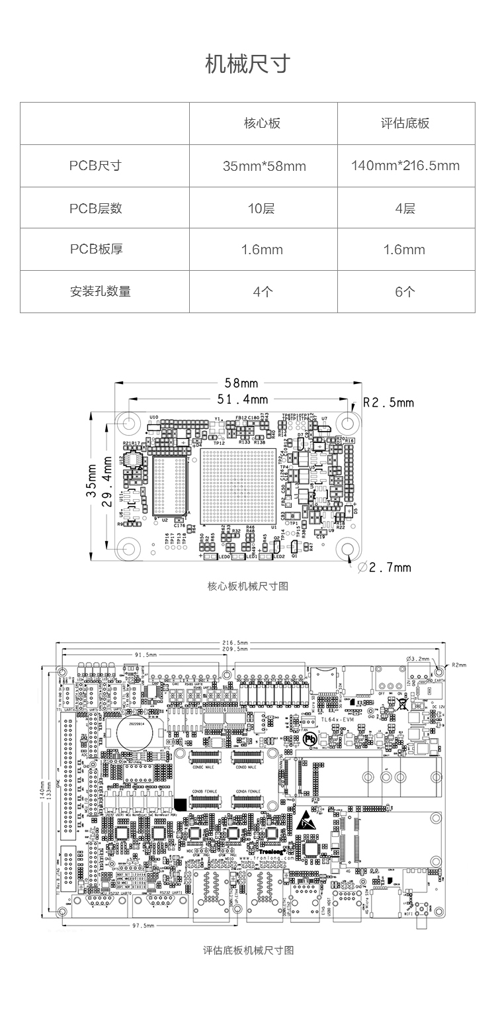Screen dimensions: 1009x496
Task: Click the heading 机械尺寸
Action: [248, 65]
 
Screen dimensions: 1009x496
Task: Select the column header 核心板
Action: [263, 123]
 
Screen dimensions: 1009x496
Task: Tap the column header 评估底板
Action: [405, 123]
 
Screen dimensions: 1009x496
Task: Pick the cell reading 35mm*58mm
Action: [264, 166]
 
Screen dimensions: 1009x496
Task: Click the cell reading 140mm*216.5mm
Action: [405, 166]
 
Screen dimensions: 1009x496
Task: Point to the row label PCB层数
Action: [96, 208]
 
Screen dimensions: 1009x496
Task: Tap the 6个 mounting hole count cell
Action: [405, 291]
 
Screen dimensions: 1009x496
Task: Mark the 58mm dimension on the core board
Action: [241, 383]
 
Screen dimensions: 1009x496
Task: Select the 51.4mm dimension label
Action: [243, 399]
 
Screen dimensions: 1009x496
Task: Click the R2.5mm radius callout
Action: [388, 403]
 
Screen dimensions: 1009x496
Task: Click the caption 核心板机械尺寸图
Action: [248, 586]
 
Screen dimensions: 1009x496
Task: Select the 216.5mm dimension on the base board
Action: [235, 642]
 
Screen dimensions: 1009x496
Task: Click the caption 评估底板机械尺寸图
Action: [248, 950]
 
